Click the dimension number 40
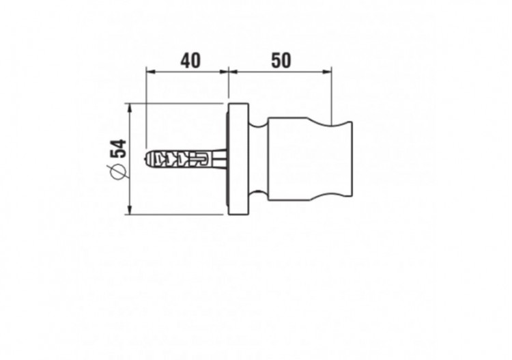tap(190, 61)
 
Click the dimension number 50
tap(281, 61)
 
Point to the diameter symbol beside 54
tap(118, 171)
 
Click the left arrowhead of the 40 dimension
tap(150, 71)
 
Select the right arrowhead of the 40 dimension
tap(224, 71)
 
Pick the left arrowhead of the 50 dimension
tap(233, 71)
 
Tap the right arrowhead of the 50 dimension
tap(328, 71)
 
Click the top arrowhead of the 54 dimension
tap(130, 108)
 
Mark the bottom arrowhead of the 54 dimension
tap(130, 210)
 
